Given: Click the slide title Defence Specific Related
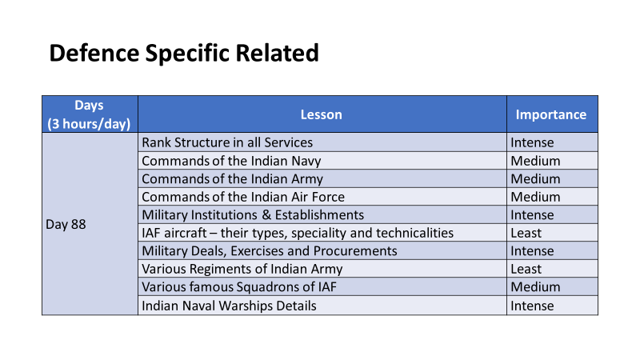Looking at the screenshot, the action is pyautogui.click(x=184, y=54).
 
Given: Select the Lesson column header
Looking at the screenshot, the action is pyautogui.click(x=322, y=114).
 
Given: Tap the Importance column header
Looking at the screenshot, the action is pyautogui.click(x=551, y=114).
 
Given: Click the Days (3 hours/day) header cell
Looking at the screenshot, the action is pyautogui.click(x=89, y=114).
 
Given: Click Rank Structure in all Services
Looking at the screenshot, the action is pyautogui.click(x=227, y=142).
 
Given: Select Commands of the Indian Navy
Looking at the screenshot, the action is pyautogui.click(x=231, y=161).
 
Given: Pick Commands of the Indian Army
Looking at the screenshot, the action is pyautogui.click(x=232, y=178).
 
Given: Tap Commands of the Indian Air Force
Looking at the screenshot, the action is pyautogui.click(x=243, y=197).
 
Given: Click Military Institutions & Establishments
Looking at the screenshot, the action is pyautogui.click(x=253, y=214).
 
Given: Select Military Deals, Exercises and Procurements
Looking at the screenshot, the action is pyautogui.click(x=270, y=250).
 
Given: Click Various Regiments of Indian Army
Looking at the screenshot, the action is pyautogui.click(x=242, y=269).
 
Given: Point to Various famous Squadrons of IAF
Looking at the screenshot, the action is pyautogui.click(x=239, y=286).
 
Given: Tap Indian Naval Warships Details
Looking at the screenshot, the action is pyautogui.click(x=229, y=306).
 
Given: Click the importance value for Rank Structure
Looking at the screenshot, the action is pyautogui.click(x=532, y=142).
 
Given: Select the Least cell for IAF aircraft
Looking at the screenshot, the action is pyautogui.click(x=526, y=233).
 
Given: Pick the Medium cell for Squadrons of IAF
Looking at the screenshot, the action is pyautogui.click(x=535, y=286).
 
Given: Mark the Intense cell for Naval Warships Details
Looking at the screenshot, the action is pyautogui.click(x=532, y=306).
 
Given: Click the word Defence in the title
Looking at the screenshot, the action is pyautogui.click(x=94, y=54).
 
